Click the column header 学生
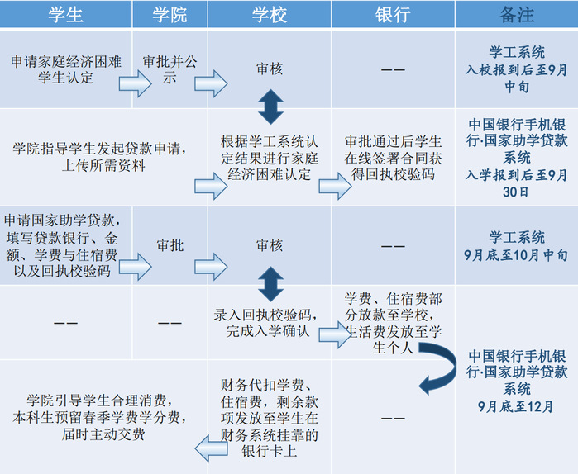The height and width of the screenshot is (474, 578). [65, 14]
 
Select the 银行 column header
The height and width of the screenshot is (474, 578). [393, 14]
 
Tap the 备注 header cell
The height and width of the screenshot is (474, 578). [517, 14]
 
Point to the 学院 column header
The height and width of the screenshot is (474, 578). [170, 14]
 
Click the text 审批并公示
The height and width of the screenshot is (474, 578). [170, 70]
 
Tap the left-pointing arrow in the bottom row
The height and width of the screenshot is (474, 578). [210, 447]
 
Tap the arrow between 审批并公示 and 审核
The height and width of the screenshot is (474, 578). [210, 81]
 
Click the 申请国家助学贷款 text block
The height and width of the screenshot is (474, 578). [65, 245]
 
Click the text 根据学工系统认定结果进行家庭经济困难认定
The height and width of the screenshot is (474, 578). [270, 157]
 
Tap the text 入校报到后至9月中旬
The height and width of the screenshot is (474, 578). [516, 78]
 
